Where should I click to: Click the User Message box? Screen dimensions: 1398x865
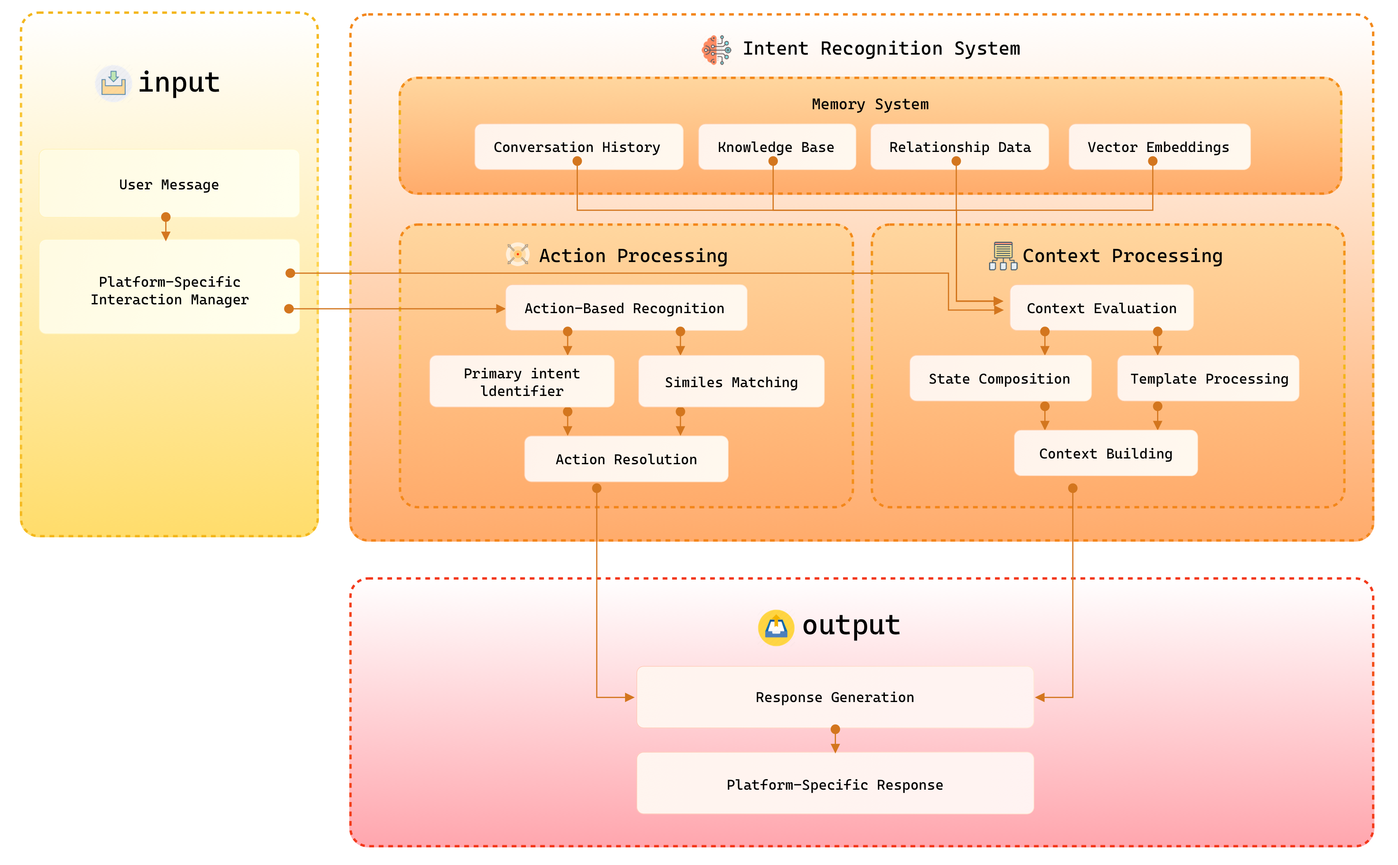tap(169, 184)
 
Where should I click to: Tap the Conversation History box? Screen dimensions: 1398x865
tap(579, 147)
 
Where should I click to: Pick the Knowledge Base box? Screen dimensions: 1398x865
tap(777, 147)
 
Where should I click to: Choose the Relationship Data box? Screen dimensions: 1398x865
tap(959, 147)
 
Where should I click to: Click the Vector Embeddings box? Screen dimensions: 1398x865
tap(1159, 147)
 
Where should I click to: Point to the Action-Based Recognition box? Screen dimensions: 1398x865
tap(626, 308)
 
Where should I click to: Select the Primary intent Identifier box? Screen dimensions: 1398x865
tap(521, 381)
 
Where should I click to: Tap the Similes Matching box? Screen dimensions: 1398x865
tap(731, 381)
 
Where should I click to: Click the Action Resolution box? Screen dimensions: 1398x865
tap(626, 459)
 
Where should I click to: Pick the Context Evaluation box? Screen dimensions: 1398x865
tap(1102, 308)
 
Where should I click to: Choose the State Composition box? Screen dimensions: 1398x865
tap(1000, 378)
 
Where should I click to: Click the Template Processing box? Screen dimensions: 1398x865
tap(1208, 378)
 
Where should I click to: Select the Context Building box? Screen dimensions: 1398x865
tap(1106, 453)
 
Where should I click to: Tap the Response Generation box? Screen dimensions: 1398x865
tap(835, 697)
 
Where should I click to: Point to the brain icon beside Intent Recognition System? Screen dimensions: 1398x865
tap(716, 50)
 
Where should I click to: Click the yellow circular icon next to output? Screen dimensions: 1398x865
tap(776, 628)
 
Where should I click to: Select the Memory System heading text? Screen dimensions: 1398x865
tap(870, 104)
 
